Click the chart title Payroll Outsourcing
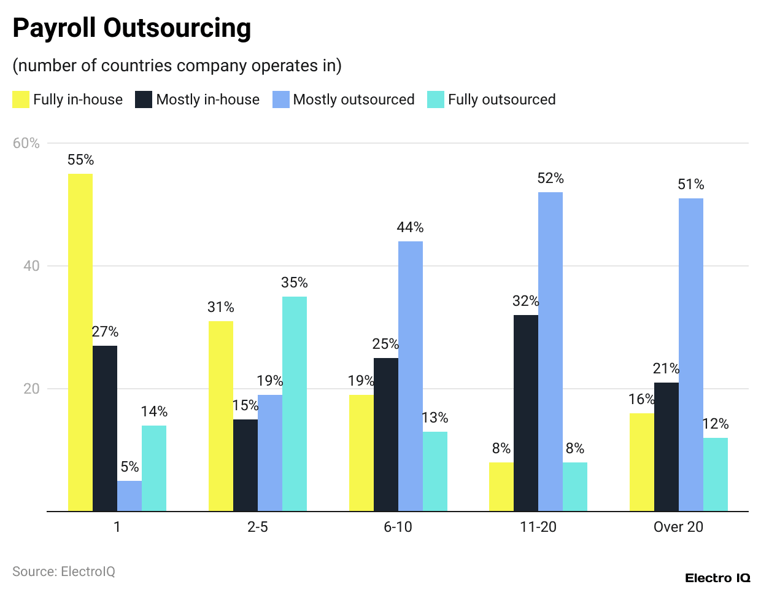point(131,28)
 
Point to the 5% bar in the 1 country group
point(129,496)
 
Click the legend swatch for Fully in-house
point(21,99)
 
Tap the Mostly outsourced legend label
point(353,99)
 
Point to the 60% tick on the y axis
point(26,143)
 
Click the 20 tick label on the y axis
point(31,389)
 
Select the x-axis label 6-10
point(398,527)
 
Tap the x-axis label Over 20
point(678,527)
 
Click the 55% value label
point(80,160)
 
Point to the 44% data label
point(410,227)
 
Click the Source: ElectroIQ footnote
point(64,572)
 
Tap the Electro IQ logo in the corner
point(717,578)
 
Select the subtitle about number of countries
point(177,66)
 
